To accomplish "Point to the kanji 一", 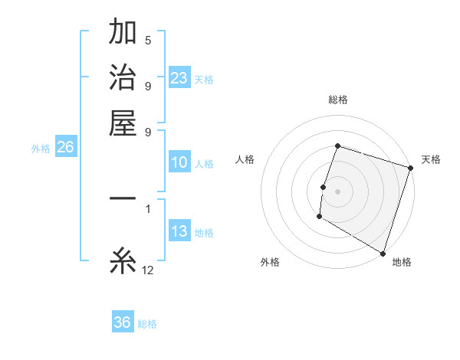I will coord(123,199).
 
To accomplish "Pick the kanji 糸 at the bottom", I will coord(123,263).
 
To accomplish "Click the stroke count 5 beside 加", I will coord(147,41).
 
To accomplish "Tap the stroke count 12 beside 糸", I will coord(148,270).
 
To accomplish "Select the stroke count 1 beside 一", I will coord(147,208).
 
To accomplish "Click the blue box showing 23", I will coord(179,77).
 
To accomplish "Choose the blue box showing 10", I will coord(179,162).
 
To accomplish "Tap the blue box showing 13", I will coord(179,232).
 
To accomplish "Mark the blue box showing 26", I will coord(65,148).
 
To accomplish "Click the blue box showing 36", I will coord(123,322).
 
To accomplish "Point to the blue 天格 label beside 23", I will coord(204,80).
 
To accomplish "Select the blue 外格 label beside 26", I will coord(41,149).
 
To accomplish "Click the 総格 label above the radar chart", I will coord(337,100).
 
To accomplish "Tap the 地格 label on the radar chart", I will coord(402,263).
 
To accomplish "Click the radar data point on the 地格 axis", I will coord(383,253).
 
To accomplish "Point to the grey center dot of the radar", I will coord(337,191).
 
